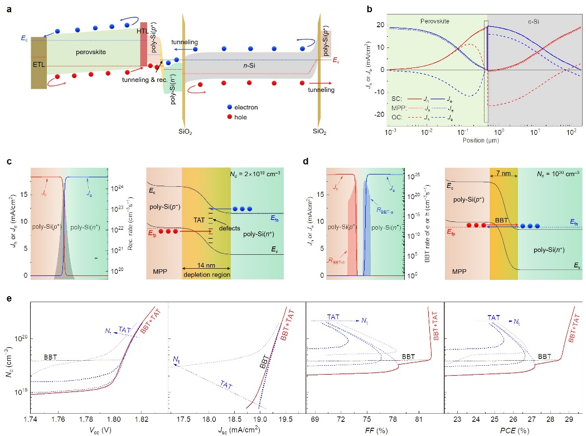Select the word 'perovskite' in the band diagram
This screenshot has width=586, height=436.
tap(89, 52)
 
